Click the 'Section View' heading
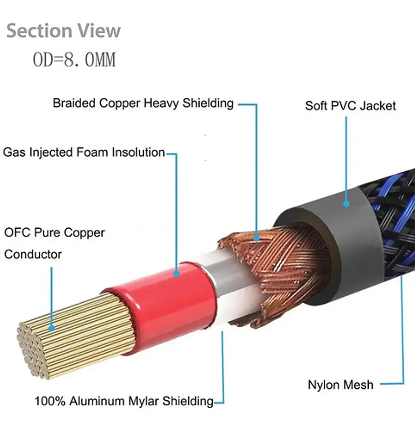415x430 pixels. (64, 31)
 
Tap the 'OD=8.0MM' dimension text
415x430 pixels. (74, 60)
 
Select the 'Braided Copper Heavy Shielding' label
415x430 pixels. (143, 103)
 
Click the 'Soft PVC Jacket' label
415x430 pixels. (351, 106)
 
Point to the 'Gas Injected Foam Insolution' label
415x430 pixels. (84, 152)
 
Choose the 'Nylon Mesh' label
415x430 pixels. (341, 385)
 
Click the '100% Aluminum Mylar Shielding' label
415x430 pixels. (124, 401)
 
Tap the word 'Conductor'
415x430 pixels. (33, 254)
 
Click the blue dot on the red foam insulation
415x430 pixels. (177, 273)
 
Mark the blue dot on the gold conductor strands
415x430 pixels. (51, 328)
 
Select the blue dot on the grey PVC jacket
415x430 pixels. (346, 203)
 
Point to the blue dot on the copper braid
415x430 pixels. (256, 238)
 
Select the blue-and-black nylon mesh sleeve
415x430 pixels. (396, 219)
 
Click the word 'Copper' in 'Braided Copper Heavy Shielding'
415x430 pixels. (120, 104)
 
